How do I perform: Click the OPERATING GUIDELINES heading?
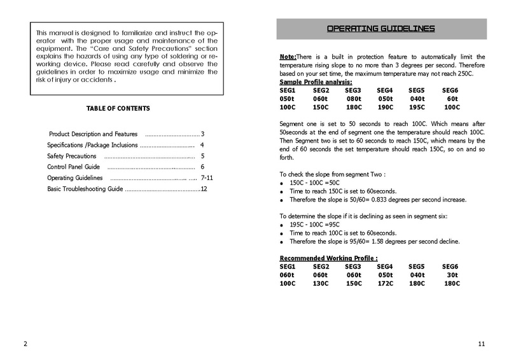[380, 29]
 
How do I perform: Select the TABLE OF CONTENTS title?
[118, 109]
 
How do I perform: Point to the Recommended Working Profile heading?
[329, 258]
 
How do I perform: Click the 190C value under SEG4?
[385, 107]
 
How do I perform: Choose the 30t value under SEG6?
[452, 274]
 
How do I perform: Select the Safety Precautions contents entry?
[72, 156]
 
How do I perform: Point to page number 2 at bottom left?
[25, 344]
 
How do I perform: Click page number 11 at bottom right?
[481, 344]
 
